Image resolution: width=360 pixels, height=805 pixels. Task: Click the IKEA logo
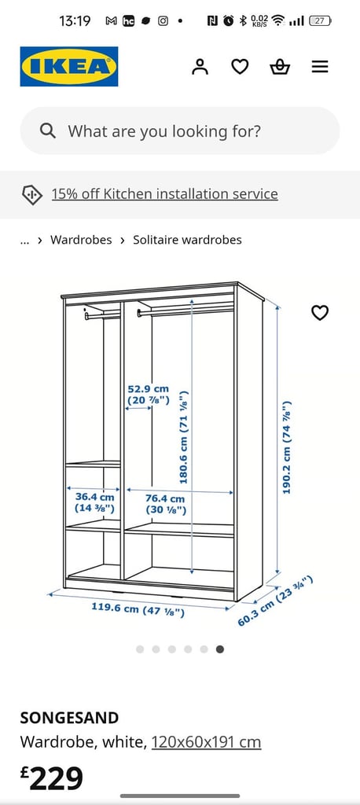point(69,67)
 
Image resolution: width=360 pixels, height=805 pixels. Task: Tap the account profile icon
point(200,67)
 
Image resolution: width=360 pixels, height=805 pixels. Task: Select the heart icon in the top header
point(239,67)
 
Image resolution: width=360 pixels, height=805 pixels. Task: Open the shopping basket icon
point(280,67)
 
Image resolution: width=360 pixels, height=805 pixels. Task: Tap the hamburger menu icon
point(319,67)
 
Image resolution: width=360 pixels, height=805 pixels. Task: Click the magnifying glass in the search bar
point(47,131)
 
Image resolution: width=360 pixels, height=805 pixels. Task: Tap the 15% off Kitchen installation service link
point(164,194)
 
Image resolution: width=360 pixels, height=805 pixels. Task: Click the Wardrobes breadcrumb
point(81,240)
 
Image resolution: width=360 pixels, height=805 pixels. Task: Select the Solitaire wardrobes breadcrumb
point(187,240)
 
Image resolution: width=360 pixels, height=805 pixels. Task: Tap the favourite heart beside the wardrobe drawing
point(320,313)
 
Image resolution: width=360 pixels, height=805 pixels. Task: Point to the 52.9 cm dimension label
point(149,395)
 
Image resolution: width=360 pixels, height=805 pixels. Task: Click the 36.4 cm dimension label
point(94,503)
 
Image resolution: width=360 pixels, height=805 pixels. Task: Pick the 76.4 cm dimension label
point(165,504)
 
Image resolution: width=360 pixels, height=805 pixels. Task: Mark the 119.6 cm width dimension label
point(138,610)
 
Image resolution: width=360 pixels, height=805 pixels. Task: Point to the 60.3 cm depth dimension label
point(275,601)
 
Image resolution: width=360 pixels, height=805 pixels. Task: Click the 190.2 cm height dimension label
point(287,447)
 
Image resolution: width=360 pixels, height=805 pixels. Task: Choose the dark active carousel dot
point(220,649)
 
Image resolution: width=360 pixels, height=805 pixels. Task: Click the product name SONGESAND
point(69,718)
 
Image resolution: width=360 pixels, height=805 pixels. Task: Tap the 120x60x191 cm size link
point(207,742)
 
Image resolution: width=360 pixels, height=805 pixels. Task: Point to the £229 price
point(51,778)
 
